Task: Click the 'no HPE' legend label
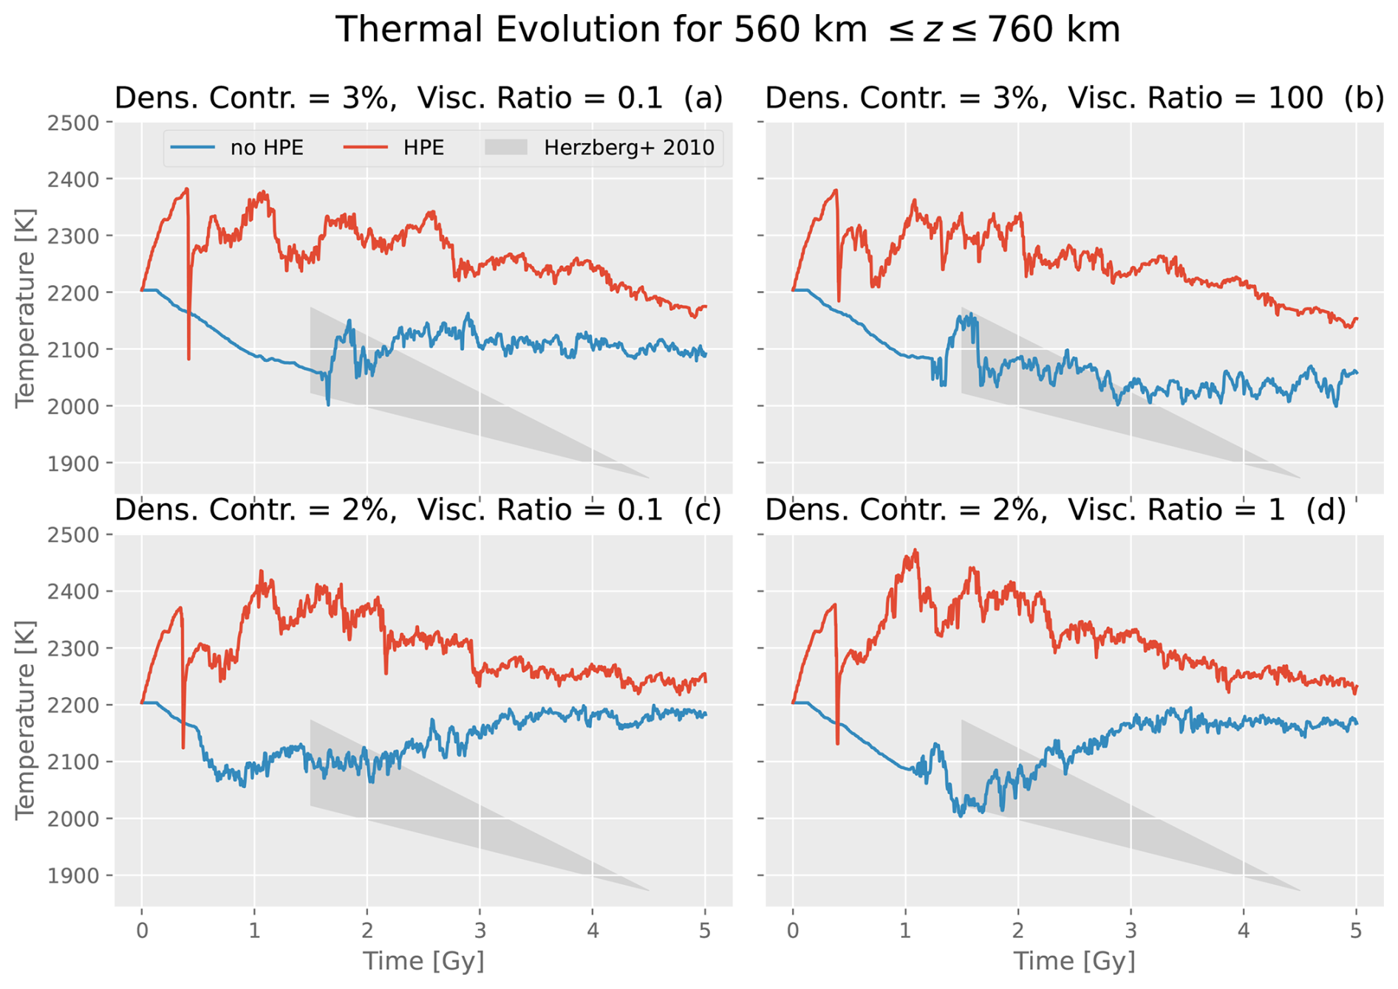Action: click(x=267, y=148)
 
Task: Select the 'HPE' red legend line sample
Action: click(x=365, y=148)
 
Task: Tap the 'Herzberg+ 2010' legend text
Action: click(x=629, y=148)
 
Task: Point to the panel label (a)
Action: click(x=703, y=98)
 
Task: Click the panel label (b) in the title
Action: click(x=1364, y=98)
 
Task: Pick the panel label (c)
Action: click(x=702, y=510)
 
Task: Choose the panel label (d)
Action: click(x=1326, y=510)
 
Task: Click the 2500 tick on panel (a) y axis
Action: click(x=73, y=123)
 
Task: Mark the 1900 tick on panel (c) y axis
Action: click(x=73, y=876)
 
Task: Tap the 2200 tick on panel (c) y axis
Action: click(x=73, y=705)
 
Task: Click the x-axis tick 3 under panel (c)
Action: click(x=480, y=930)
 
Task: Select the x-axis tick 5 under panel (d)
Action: click(x=1356, y=930)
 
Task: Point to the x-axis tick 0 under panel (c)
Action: click(x=142, y=930)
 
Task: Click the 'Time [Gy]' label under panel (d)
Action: click(x=1074, y=961)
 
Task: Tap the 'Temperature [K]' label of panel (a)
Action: click(x=25, y=307)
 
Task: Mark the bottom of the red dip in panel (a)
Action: click(x=189, y=358)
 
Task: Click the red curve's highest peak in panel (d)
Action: click(x=916, y=550)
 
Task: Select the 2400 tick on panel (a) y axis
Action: click(x=73, y=179)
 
